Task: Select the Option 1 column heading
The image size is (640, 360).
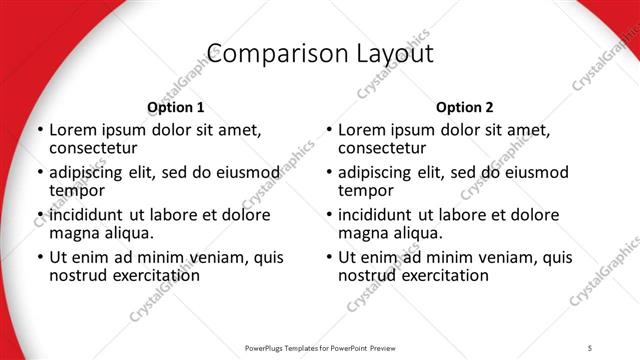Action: tap(175, 107)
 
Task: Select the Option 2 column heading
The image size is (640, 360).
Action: tap(464, 107)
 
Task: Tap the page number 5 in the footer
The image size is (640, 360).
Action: tap(590, 347)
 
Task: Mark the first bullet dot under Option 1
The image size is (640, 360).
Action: tap(40, 131)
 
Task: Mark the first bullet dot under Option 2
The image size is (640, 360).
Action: tap(329, 131)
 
